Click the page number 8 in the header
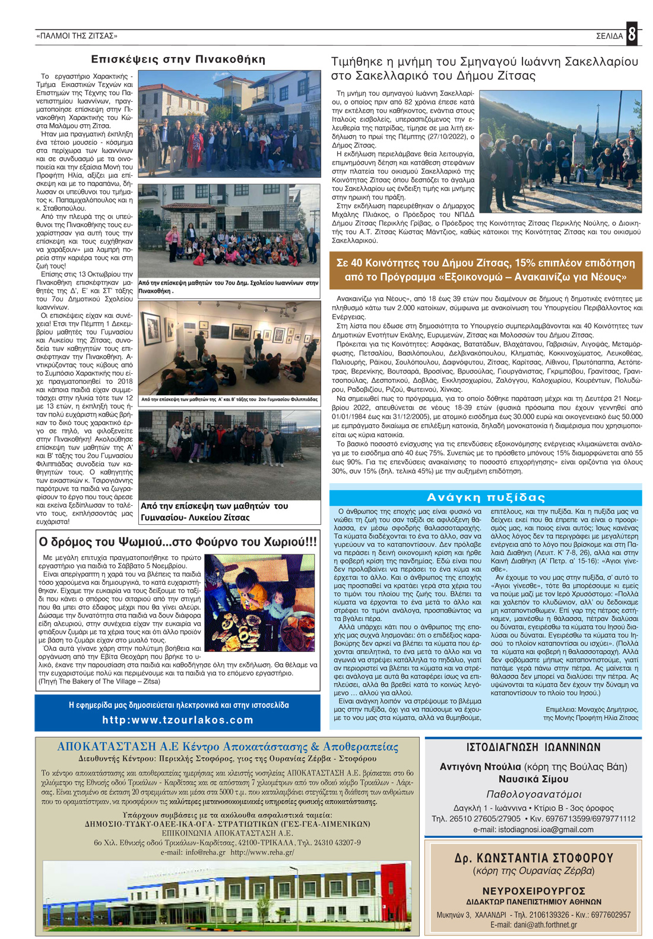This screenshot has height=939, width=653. point(632,34)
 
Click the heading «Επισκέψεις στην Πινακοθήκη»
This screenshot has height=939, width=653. point(177,59)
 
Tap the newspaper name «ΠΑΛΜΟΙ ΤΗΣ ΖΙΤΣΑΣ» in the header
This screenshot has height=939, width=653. point(77,36)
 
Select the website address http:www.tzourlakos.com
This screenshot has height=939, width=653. point(177,720)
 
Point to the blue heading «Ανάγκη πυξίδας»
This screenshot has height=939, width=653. point(486,497)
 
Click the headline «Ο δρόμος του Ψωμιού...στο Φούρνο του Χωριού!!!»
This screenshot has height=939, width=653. point(177,542)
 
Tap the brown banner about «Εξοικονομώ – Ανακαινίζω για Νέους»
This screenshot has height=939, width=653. point(485,270)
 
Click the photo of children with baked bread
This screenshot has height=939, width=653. point(259,603)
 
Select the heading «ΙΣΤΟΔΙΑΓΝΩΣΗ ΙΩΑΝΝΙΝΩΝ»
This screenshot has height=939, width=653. point(533,748)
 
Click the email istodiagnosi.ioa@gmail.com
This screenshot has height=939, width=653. point(533,829)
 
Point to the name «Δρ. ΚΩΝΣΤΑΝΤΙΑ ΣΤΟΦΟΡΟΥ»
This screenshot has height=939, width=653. point(533,858)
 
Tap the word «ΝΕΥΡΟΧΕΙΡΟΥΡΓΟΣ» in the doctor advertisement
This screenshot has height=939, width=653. point(533,891)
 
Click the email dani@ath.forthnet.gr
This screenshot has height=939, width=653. point(533,925)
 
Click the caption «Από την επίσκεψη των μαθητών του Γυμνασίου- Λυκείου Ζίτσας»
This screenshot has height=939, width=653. point(214,512)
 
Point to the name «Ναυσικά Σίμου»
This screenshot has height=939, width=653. point(533,779)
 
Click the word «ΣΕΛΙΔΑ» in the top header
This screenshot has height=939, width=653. point(609,36)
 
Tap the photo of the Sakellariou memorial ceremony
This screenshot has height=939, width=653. point(560,152)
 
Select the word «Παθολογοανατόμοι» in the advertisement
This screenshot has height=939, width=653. point(533,795)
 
